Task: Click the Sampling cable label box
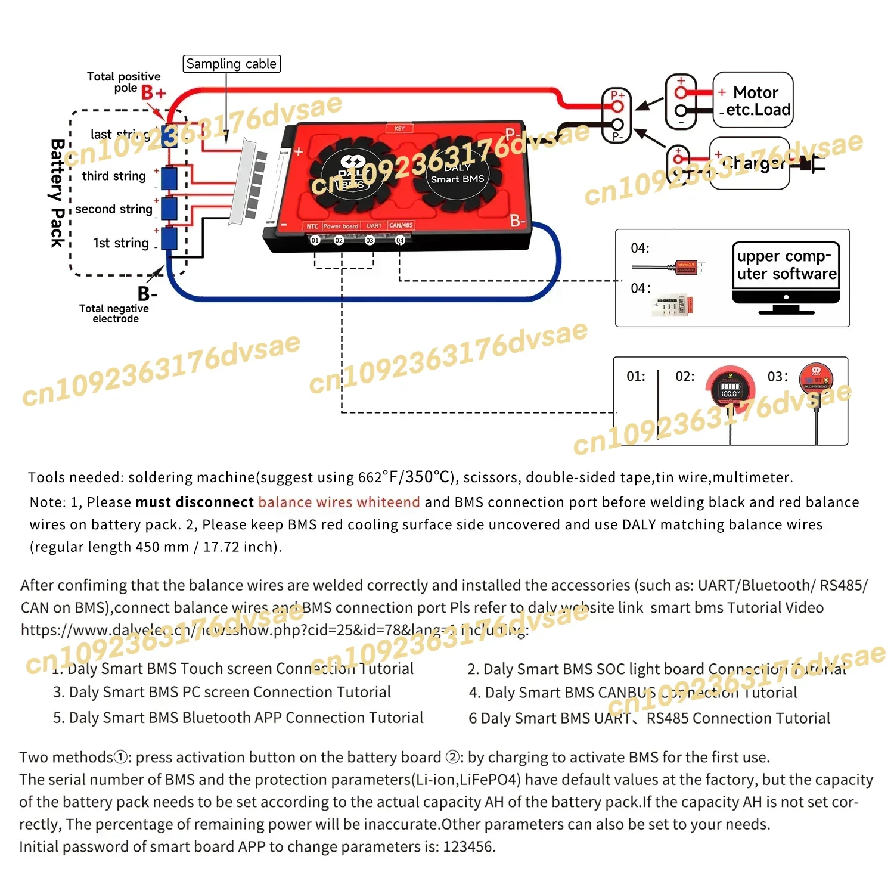[x=231, y=64]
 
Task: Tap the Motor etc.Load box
[x=753, y=100]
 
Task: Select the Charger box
[x=749, y=163]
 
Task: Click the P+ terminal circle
[x=617, y=107]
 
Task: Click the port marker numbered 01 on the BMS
[x=315, y=240]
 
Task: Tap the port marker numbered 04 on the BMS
[x=400, y=240]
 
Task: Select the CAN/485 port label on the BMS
[x=401, y=225]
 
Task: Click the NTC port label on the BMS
[x=312, y=226]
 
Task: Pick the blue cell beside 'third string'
[x=169, y=178]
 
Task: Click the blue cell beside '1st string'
[x=169, y=238]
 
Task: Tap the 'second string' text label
[x=114, y=209]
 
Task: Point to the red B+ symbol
[x=153, y=93]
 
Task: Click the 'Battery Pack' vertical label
[x=57, y=193]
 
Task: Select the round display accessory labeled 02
[x=730, y=389]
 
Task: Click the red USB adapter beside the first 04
[x=689, y=266]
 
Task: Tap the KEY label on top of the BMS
[x=399, y=128]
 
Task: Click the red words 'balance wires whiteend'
[x=339, y=502]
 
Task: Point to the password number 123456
[x=468, y=847]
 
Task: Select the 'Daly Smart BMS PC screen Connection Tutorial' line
[x=222, y=692]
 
